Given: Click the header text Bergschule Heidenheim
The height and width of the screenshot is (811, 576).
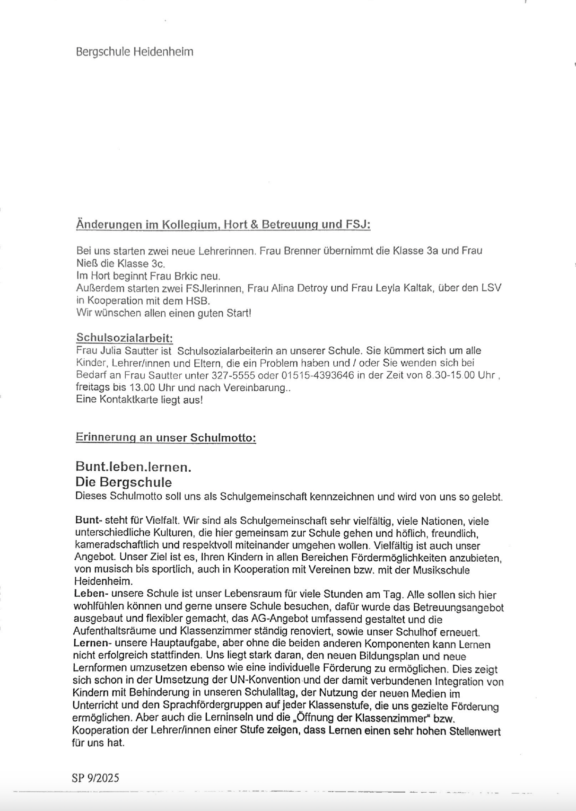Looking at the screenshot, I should (134, 52).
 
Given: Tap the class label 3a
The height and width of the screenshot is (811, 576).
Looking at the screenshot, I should (432, 251).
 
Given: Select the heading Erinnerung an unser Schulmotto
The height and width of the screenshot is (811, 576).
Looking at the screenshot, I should (166, 438).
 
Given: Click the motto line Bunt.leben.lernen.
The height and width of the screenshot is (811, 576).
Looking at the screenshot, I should (133, 467).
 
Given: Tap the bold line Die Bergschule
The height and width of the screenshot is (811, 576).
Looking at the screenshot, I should (123, 482).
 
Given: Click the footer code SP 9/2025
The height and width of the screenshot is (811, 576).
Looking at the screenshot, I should (96, 778).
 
